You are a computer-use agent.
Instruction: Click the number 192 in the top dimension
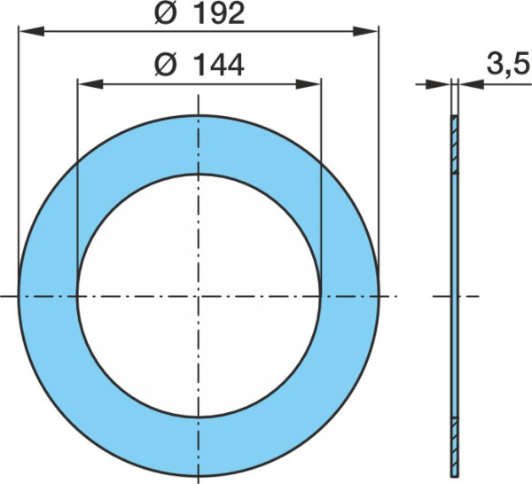click(220, 13)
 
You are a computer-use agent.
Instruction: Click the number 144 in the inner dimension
click(220, 65)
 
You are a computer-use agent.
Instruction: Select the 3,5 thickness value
click(508, 64)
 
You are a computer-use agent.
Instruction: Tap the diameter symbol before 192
click(167, 13)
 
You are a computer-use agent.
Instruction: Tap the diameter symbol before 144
click(166, 65)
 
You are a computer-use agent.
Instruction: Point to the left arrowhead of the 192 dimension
click(32, 31)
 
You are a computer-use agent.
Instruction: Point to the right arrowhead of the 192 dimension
click(365, 31)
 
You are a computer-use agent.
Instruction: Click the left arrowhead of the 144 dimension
click(90, 84)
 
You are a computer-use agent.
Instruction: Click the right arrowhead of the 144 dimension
click(309, 84)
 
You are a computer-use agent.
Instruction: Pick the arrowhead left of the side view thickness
click(438, 84)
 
